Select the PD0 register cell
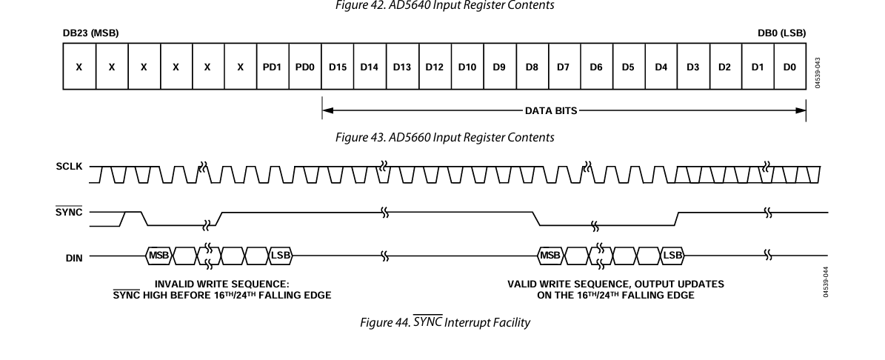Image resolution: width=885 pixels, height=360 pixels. pos(305,67)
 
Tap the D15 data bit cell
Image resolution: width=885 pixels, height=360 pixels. pos(338,67)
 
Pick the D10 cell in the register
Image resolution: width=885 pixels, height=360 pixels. pos(467,67)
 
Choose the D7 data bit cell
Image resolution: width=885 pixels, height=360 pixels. pos(564,67)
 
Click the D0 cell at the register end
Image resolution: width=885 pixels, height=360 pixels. pos(789,67)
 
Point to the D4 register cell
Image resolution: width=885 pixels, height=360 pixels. pos(661,67)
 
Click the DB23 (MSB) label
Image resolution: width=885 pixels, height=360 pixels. pos(90,33)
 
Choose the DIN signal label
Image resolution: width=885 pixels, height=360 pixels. pos(74,258)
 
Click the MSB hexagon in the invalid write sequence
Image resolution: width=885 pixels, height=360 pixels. pos(160,256)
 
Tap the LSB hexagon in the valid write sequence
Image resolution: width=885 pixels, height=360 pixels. pos(672,256)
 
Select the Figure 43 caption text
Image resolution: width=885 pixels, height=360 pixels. pos(443,137)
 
